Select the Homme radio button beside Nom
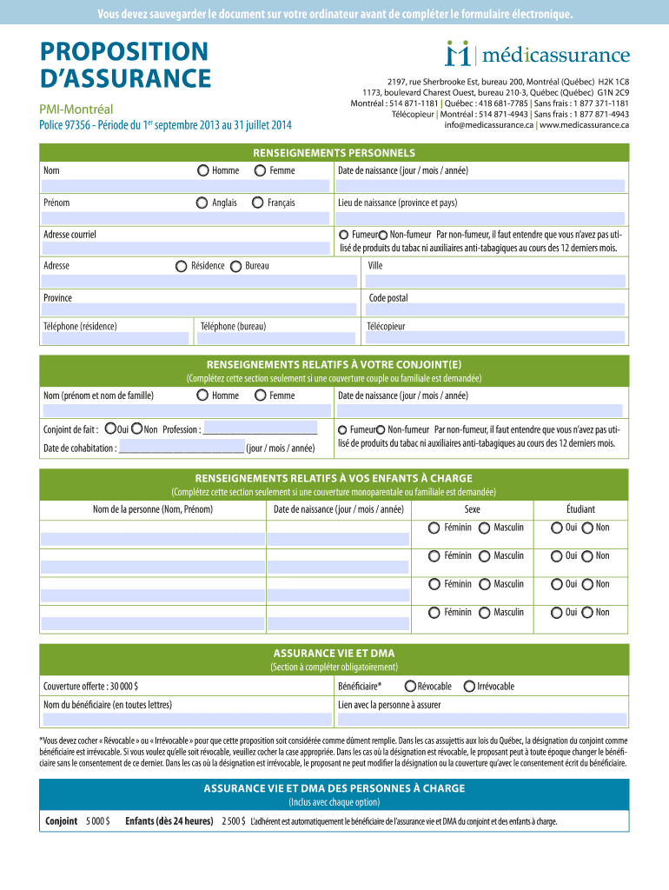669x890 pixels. tap(202, 170)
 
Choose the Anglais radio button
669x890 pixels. tap(202, 203)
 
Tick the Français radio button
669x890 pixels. tap(258, 203)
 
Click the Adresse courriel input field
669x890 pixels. tap(185, 249)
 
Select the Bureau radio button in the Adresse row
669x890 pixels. tap(236, 266)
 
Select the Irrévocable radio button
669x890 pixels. tap(469, 686)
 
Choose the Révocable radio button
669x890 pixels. tap(410, 686)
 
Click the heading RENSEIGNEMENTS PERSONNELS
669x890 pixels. tap(334, 152)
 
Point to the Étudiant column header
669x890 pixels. tap(580, 509)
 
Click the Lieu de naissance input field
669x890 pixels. tap(480, 217)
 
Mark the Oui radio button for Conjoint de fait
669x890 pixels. tap(109, 428)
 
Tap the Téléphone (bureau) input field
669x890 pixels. tap(275, 340)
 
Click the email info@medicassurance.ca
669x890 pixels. tap(488, 125)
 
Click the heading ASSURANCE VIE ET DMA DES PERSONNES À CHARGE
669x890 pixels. tap(334, 788)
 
